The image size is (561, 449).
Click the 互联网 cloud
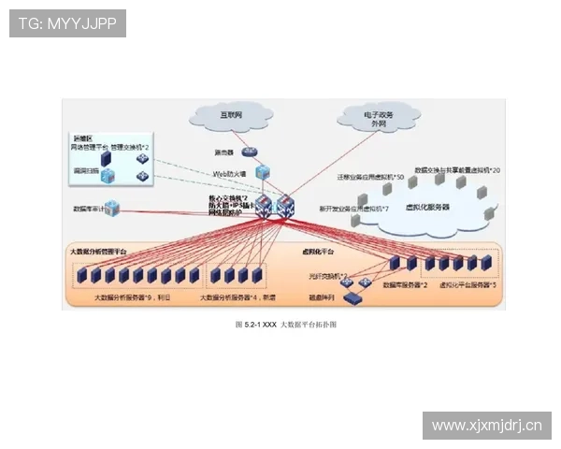coord(231,116)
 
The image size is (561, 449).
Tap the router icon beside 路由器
coord(248,152)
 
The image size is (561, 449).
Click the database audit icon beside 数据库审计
coord(111,209)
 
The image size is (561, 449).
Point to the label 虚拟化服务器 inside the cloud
coord(426,207)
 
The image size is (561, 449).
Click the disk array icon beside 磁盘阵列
coord(352,297)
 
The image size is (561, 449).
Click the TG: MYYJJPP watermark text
coord(67,23)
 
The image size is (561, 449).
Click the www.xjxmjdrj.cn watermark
coord(486,426)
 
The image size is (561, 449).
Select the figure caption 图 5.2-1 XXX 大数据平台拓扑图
coord(285,325)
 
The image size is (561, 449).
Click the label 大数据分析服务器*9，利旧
coord(133,296)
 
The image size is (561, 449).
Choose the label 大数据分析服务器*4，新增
coord(240,296)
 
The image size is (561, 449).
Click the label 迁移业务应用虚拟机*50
coord(371,176)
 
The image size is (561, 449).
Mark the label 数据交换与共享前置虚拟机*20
coord(458,170)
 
